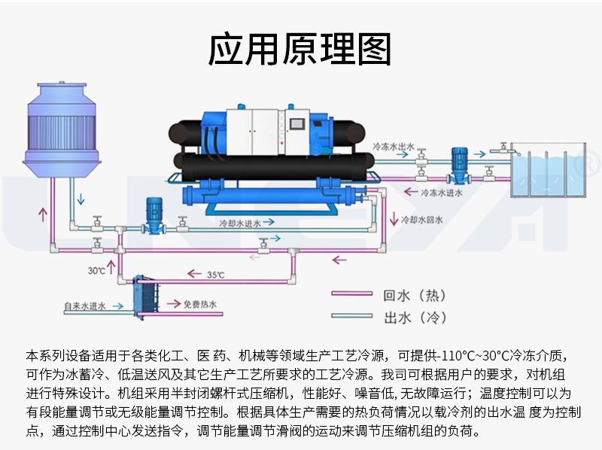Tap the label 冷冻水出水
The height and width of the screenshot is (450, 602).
pos(394,146)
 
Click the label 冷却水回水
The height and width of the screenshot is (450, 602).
pos(422,220)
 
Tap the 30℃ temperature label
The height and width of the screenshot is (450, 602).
pos(96,270)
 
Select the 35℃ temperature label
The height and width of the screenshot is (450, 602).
pos(216,275)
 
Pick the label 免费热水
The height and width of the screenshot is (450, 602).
pos(199,305)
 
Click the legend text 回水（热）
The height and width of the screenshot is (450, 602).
pos(410,295)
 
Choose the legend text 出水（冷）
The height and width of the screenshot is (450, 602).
pos(410,317)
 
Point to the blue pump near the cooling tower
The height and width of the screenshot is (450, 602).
pos(154,214)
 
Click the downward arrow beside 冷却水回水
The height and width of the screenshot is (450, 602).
pos(394,220)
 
